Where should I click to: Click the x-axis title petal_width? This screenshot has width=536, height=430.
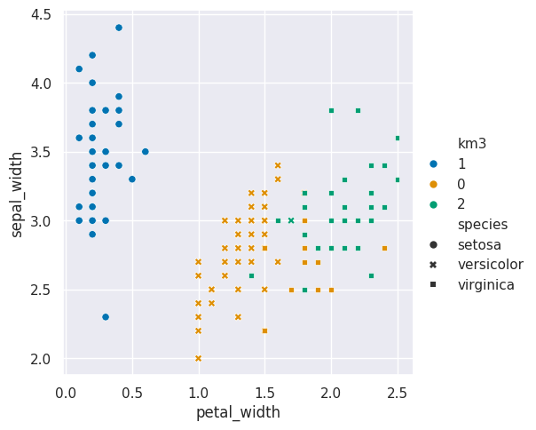click(238, 412)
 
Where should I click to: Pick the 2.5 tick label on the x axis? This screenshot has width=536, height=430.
click(398, 393)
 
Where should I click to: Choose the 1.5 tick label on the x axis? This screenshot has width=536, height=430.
click(264, 393)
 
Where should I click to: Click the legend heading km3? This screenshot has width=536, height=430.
click(472, 143)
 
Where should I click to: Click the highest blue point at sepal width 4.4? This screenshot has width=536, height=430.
click(119, 28)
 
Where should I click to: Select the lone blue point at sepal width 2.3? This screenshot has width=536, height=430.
click(106, 317)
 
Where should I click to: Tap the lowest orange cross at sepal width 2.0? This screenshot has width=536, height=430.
click(198, 358)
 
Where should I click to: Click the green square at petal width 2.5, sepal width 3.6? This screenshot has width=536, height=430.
click(398, 138)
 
